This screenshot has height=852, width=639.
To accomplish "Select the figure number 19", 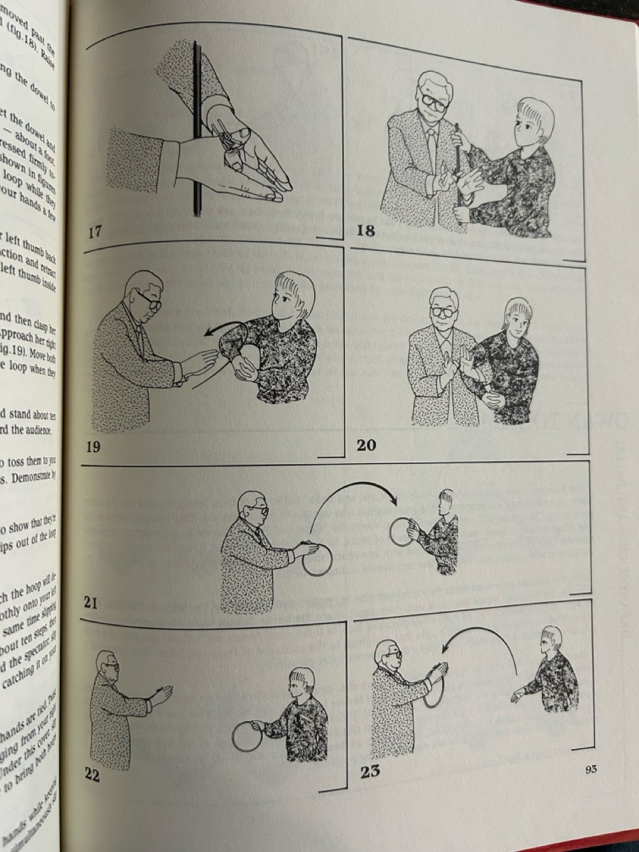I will click(x=93, y=446).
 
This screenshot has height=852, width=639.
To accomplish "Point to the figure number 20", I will click(x=366, y=445).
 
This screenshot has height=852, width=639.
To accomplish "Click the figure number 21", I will click(x=92, y=604).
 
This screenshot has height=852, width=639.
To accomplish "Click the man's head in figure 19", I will click(x=144, y=293).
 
